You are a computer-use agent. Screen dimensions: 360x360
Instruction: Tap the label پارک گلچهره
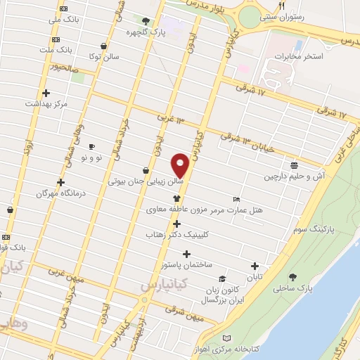143,32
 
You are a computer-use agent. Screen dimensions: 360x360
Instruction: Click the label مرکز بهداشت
46,103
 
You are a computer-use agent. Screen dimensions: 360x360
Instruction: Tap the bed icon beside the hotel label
236,199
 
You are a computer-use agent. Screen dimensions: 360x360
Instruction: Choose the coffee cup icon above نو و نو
91,146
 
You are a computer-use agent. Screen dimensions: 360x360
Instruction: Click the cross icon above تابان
255,266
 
